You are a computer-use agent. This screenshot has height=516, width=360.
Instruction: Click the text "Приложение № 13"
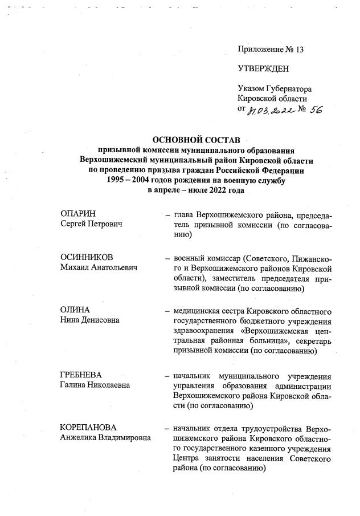point(271,50)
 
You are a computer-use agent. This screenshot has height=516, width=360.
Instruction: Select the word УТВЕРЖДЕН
point(263,69)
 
